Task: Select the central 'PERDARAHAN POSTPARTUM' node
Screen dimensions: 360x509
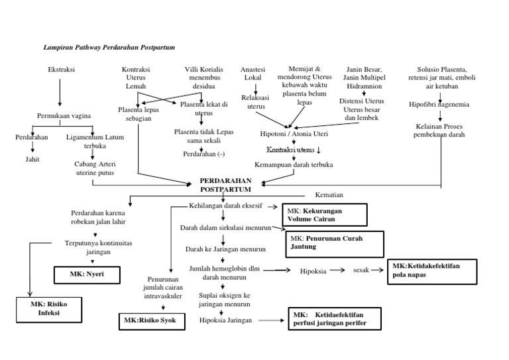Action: (x=222, y=185)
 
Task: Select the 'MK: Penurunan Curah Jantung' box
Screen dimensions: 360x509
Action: (x=335, y=243)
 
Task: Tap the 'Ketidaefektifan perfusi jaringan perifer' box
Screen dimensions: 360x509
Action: (x=335, y=319)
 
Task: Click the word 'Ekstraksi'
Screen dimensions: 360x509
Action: (x=62, y=70)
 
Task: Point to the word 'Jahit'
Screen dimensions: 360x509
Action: (x=32, y=159)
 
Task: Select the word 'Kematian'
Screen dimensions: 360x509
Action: (x=325, y=195)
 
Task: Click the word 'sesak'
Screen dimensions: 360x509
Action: (x=361, y=270)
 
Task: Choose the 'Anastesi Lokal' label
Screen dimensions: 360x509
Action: (x=253, y=74)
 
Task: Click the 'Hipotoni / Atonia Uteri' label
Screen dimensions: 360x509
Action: (x=290, y=133)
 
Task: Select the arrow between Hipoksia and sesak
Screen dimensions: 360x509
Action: (x=338, y=270)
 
